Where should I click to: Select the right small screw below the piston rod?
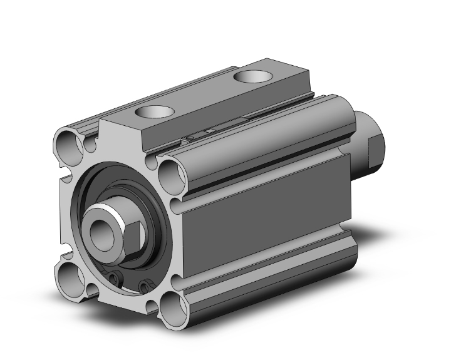point(145,287)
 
